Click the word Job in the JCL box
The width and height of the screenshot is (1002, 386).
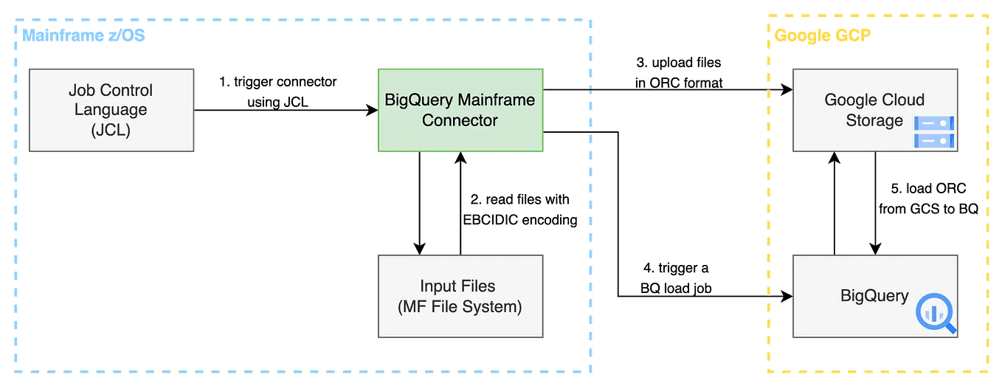[x=81, y=90]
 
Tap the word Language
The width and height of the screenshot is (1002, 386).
[x=111, y=110]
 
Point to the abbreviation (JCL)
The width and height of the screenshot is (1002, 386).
[x=111, y=130]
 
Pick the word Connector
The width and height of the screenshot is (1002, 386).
[x=460, y=120]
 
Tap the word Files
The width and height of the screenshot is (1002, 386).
[x=478, y=286]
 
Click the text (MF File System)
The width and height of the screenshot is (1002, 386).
[x=459, y=306]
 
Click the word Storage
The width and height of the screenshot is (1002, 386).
[x=874, y=120]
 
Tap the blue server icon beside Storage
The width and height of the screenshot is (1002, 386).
[x=934, y=132]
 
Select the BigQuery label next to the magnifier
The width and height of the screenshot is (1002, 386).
[x=874, y=296]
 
